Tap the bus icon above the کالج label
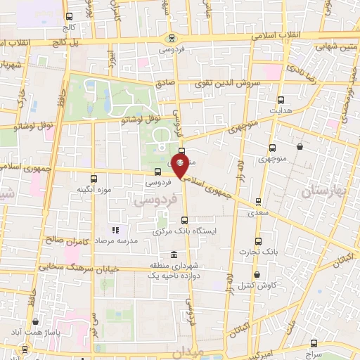point(68,17)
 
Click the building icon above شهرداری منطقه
point(154,255)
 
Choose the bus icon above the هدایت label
point(281,101)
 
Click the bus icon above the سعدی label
point(258,202)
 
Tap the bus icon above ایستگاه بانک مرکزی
point(184,219)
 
